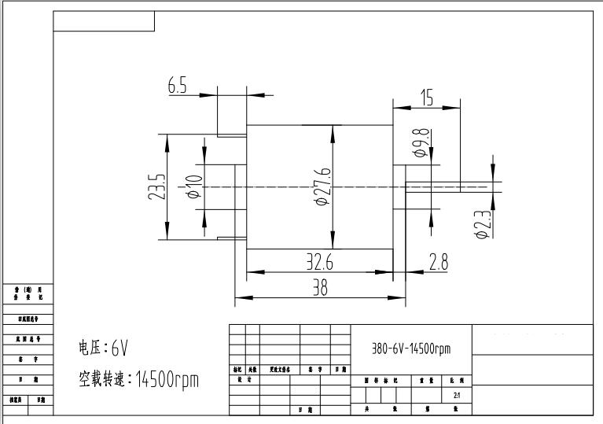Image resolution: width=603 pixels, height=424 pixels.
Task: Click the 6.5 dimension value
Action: tap(178, 87)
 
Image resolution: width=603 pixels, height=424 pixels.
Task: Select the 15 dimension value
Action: tap(427, 98)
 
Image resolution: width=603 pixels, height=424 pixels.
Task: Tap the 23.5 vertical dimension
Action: tap(157, 187)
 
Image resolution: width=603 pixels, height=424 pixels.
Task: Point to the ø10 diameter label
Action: tap(194, 187)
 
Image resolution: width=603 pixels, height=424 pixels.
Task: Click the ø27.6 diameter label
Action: tap(322, 187)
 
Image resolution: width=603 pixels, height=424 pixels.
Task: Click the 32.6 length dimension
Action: tap(319, 263)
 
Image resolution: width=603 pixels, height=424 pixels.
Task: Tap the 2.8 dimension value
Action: tap(439, 263)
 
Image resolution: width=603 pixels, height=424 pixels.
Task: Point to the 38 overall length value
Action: tap(320, 288)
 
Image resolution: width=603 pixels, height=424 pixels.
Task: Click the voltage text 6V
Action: tap(119, 348)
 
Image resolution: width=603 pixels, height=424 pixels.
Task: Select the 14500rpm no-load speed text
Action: tap(167, 381)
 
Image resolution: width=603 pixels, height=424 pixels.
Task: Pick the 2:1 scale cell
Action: tap(457, 396)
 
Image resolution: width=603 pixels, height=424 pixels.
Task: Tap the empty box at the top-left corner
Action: tap(104, 21)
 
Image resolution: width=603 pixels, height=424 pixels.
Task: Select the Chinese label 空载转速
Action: tap(103, 381)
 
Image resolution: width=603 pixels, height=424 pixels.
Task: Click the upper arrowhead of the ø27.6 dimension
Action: tap(333, 132)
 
